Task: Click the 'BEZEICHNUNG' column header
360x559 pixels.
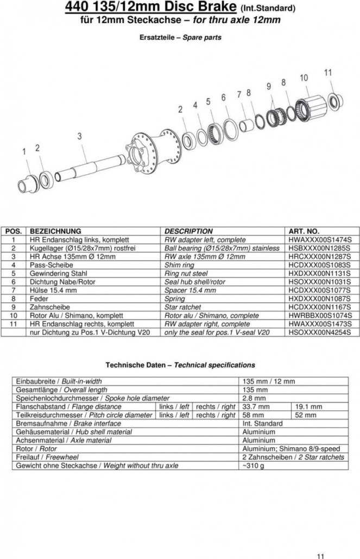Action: tap(55, 231)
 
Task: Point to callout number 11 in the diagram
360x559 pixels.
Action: tap(327, 72)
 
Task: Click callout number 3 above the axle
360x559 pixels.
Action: tap(79, 136)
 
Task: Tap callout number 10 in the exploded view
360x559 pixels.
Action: tap(304, 78)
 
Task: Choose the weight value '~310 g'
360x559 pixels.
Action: tap(254, 466)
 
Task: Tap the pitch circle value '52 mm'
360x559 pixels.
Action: tap(305, 415)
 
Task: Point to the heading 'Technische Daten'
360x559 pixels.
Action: tap(138, 365)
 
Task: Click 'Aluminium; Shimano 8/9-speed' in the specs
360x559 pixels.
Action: tap(291, 449)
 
